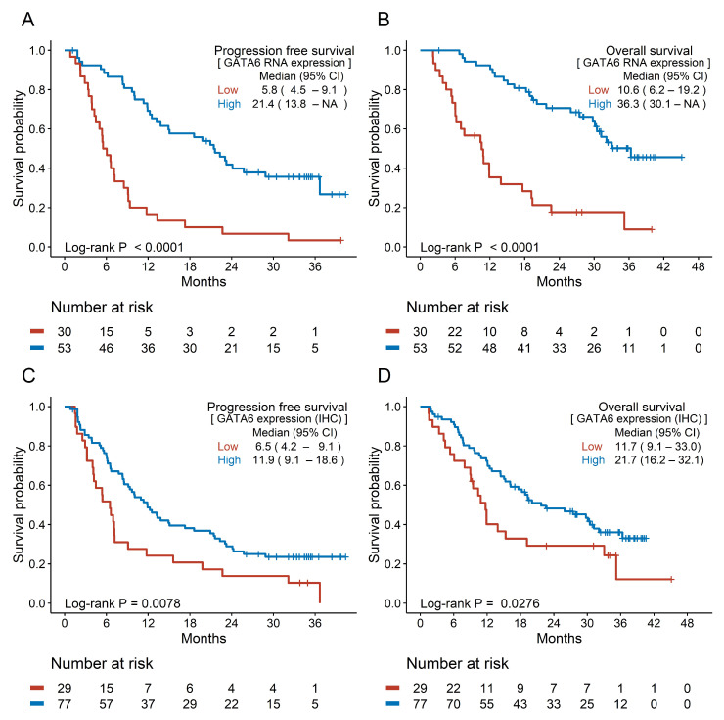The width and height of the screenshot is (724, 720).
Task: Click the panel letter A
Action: pos(28,20)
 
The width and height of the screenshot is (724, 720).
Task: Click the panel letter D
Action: pos(385,376)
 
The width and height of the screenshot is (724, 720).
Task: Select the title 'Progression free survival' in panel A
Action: pos(285,50)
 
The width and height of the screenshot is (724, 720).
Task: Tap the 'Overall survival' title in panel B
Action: pos(649,50)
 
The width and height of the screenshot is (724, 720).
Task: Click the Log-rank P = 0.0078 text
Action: pos(122,603)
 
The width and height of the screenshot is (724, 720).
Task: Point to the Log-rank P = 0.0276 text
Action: pos(479,603)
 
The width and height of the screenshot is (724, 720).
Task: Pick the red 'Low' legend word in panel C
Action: pos(228,447)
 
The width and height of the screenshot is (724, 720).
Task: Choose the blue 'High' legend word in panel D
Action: pos(593,460)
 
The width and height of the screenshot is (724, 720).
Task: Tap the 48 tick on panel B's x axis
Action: pos(699,266)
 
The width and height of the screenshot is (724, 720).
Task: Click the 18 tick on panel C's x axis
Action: pos(190,623)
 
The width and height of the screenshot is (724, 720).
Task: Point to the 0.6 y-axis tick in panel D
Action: pos(392,486)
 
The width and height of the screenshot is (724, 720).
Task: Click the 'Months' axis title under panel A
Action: pos(204,281)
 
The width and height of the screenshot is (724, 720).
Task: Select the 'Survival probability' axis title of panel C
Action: pos(19,504)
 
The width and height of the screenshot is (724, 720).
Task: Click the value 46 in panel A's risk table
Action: pos(107,348)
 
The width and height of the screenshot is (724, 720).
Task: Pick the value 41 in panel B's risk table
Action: pos(524,348)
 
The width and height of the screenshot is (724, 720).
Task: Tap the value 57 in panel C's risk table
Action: pos(107,704)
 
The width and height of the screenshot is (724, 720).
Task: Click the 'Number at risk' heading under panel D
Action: pos(457,663)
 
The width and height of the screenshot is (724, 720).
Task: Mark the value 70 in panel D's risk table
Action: pos(453,704)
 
